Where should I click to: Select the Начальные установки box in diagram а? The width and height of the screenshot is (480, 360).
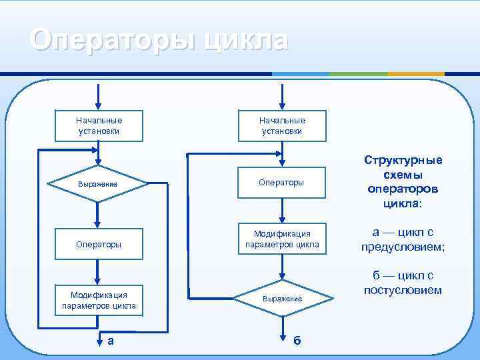click(99, 126)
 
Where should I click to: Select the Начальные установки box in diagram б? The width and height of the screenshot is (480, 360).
click(283, 126)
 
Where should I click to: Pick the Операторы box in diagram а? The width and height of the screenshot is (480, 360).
click(99, 244)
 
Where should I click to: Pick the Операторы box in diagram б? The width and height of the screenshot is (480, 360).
click(283, 182)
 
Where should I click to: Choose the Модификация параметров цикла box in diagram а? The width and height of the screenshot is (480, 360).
click(99, 301)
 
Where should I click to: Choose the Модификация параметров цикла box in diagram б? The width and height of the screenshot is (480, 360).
click(283, 239)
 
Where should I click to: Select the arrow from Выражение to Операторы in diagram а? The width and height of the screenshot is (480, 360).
click(99, 213)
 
